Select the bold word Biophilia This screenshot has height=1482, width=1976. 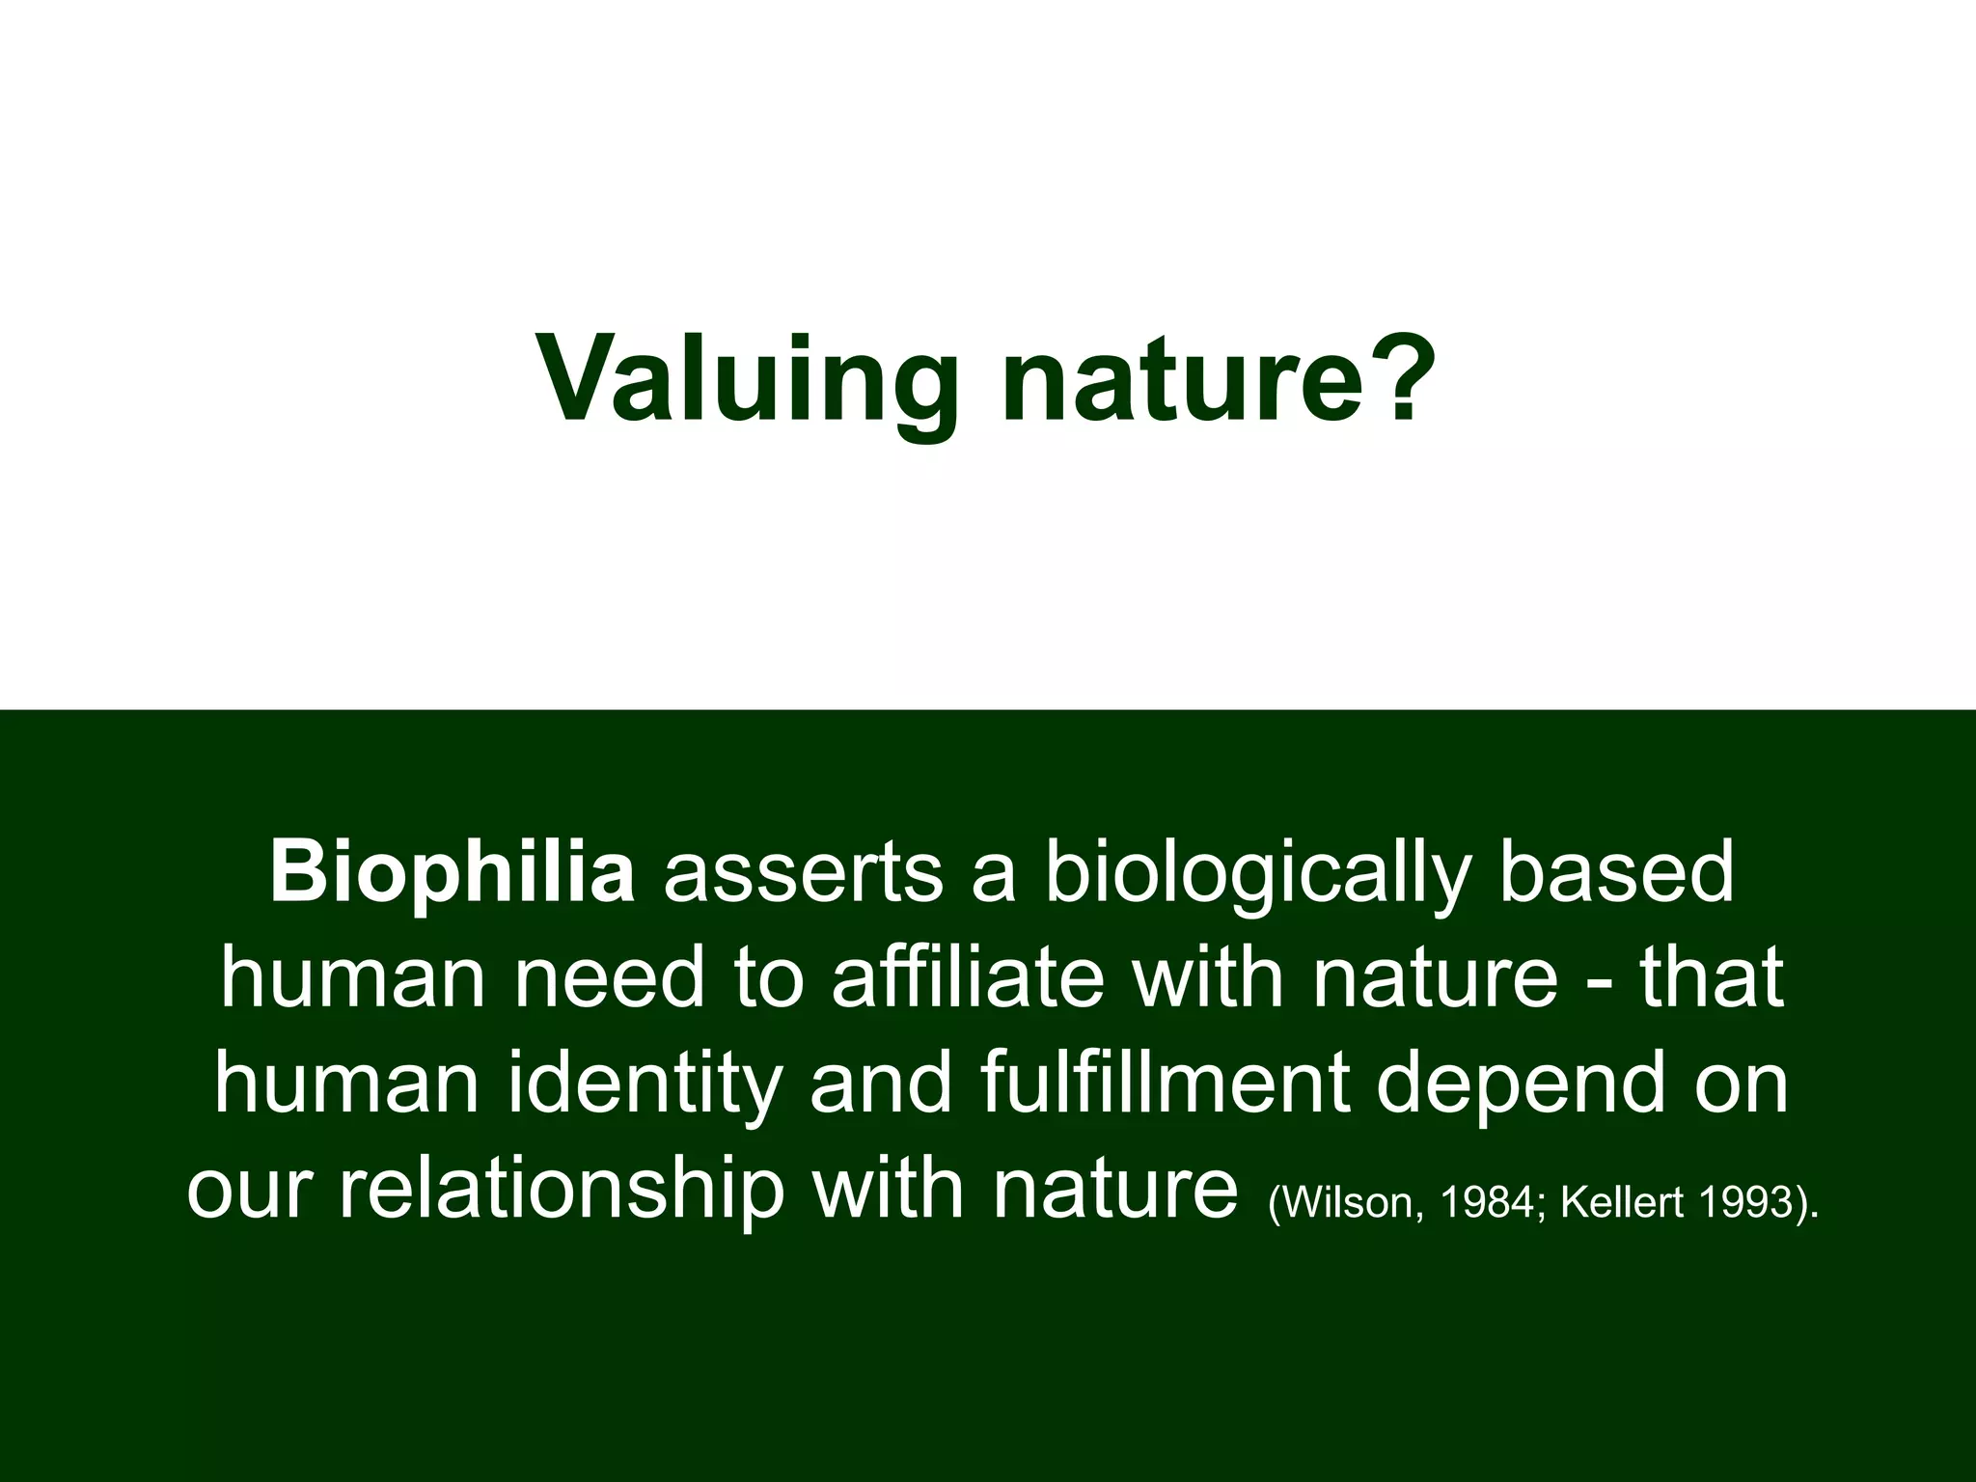pos(452,874)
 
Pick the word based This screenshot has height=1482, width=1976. pos(1616,874)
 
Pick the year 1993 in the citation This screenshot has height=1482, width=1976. pos(1744,1202)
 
